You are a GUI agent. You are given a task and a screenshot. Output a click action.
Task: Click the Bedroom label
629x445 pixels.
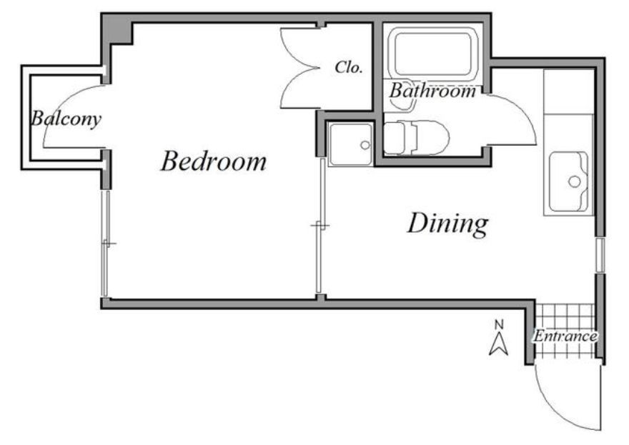point(214,161)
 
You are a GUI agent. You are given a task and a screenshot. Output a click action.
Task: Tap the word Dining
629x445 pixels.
point(447,224)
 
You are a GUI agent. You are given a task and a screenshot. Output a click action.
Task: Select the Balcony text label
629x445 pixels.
point(66,119)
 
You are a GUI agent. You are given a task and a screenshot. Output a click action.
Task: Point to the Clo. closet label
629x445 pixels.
point(349,67)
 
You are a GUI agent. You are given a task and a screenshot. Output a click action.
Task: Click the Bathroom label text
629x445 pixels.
point(432,91)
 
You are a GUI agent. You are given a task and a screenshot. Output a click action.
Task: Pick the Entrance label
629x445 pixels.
point(565,336)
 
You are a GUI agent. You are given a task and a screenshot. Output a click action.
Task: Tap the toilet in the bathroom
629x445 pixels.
point(417,138)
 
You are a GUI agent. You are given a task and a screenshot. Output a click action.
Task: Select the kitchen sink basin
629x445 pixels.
point(568,181)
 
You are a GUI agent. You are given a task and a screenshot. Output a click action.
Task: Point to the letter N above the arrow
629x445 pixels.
point(499,324)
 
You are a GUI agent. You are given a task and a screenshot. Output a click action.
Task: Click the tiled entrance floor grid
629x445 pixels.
point(565,331)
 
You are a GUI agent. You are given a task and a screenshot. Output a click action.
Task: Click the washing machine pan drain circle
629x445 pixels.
point(365,145)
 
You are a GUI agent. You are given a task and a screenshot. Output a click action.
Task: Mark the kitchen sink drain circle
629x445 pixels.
point(575,181)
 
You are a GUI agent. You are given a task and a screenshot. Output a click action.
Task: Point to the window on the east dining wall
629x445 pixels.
point(600,255)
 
